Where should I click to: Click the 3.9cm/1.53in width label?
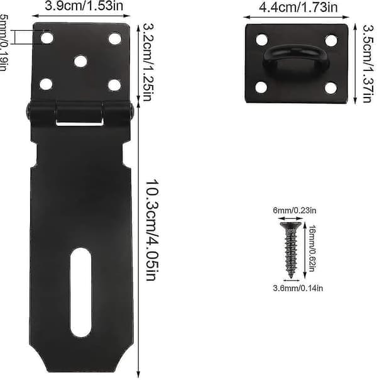[84, 6]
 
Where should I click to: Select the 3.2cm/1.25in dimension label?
[147, 62]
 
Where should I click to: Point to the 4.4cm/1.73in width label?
[298, 8]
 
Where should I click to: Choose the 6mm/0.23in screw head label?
[295, 210]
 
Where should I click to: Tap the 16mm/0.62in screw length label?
[312, 249]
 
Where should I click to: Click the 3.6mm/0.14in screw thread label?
[298, 288]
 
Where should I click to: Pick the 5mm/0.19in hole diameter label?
[3, 42]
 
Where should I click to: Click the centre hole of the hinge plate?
[80, 61]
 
